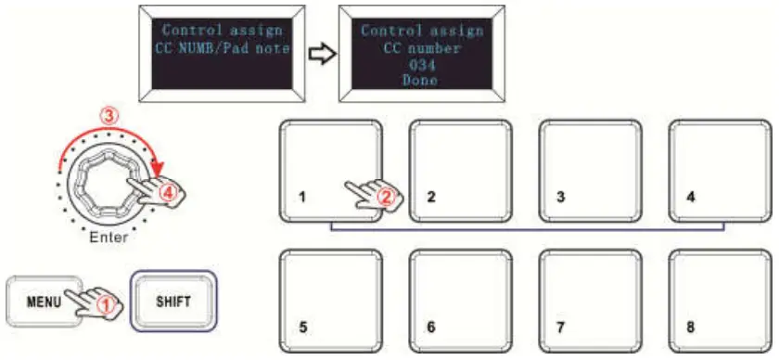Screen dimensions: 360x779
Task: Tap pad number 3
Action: tap(590, 170)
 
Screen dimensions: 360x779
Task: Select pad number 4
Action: tap(720, 170)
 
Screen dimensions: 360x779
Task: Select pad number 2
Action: tap(460, 170)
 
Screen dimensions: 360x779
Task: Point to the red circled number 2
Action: tap(388, 196)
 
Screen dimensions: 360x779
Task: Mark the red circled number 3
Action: tap(109, 118)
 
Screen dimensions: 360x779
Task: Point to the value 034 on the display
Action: tap(421, 64)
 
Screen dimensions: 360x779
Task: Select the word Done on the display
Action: tap(421, 80)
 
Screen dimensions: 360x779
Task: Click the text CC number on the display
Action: tap(421, 47)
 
